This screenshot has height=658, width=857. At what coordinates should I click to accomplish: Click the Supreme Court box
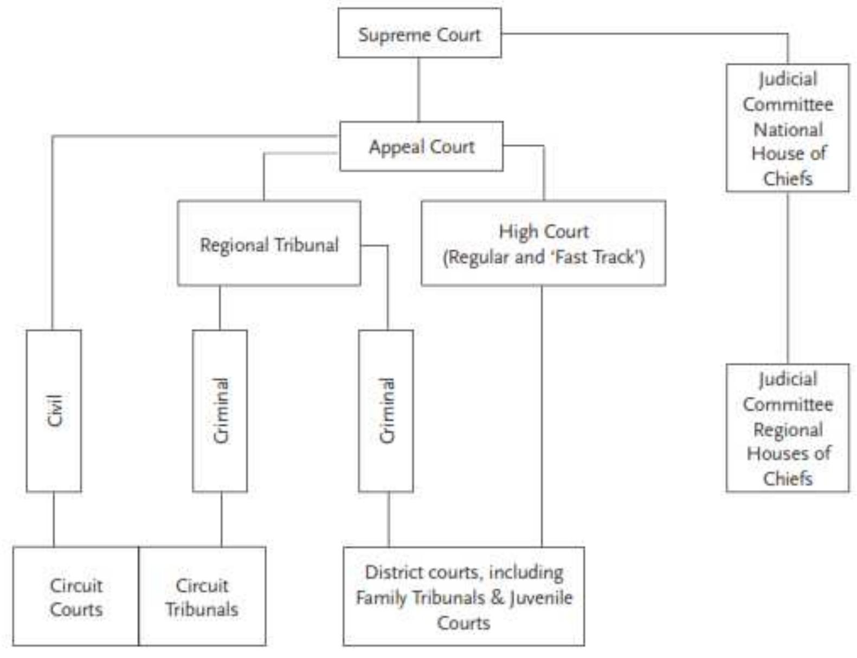coord(419,34)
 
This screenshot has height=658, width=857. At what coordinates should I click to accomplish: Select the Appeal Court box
coord(421,146)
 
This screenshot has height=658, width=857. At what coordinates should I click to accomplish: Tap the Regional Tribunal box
coord(269,244)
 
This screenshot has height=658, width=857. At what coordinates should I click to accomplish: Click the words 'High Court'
coord(543,231)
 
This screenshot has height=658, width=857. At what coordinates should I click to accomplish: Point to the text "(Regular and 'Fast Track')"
coord(543,257)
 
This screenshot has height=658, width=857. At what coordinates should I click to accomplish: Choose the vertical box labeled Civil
coord(54,410)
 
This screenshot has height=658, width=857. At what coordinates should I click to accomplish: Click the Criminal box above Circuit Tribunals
coord(220,410)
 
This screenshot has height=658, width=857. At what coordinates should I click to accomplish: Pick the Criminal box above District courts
coord(386,410)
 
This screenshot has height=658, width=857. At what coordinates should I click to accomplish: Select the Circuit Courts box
coord(76,596)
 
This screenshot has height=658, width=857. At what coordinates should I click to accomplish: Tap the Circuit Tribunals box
coord(202,596)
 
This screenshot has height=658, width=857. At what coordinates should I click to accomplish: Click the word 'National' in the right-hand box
coord(788,130)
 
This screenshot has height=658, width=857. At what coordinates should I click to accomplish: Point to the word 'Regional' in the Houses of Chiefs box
coord(788,430)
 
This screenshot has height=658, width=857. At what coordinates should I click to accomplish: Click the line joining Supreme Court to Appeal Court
coord(418,89)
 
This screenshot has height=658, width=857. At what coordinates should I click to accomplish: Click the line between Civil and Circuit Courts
coord(54,519)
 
